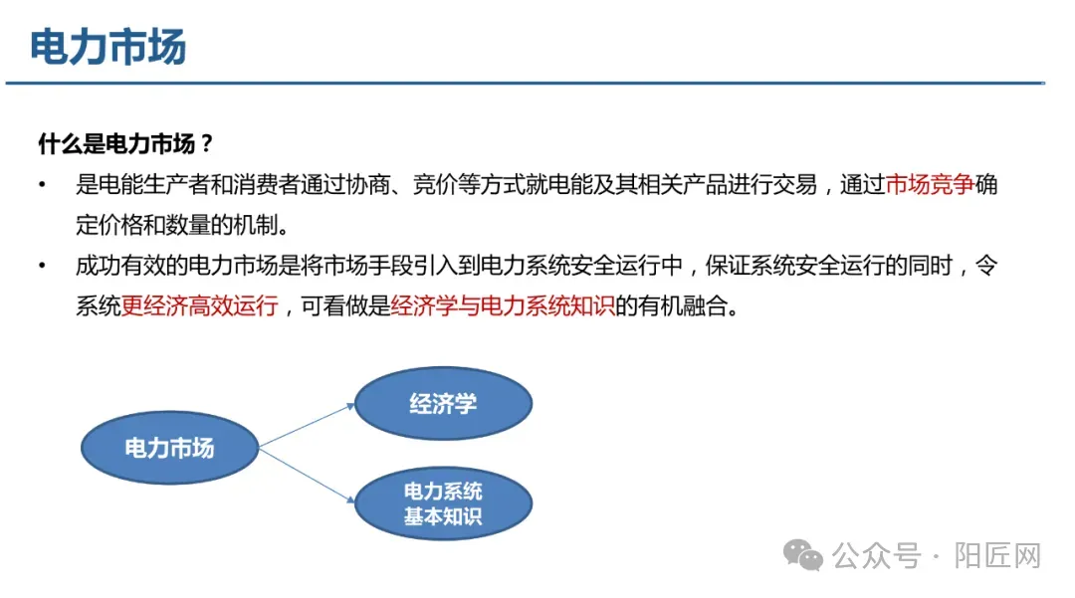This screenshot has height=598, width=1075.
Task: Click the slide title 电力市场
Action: click(x=108, y=47)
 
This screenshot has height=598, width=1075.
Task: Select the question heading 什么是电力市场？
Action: click(x=125, y=143)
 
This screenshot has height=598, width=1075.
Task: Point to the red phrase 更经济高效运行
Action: click(x=199, y=305)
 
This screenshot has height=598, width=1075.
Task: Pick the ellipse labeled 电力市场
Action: click(x=169, y=448)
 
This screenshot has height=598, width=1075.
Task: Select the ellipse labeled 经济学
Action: click(x=443, y=403)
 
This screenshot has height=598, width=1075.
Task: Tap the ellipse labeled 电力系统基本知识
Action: click(x=443, y=503)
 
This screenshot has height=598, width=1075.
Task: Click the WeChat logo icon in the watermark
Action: click(x=803, y=555)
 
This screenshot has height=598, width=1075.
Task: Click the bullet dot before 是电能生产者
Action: click(x=43, y=185)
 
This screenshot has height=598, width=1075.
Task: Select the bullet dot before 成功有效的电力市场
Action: click(x=43, y=266)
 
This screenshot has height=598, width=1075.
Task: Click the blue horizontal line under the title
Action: click(x=526, y=83)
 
